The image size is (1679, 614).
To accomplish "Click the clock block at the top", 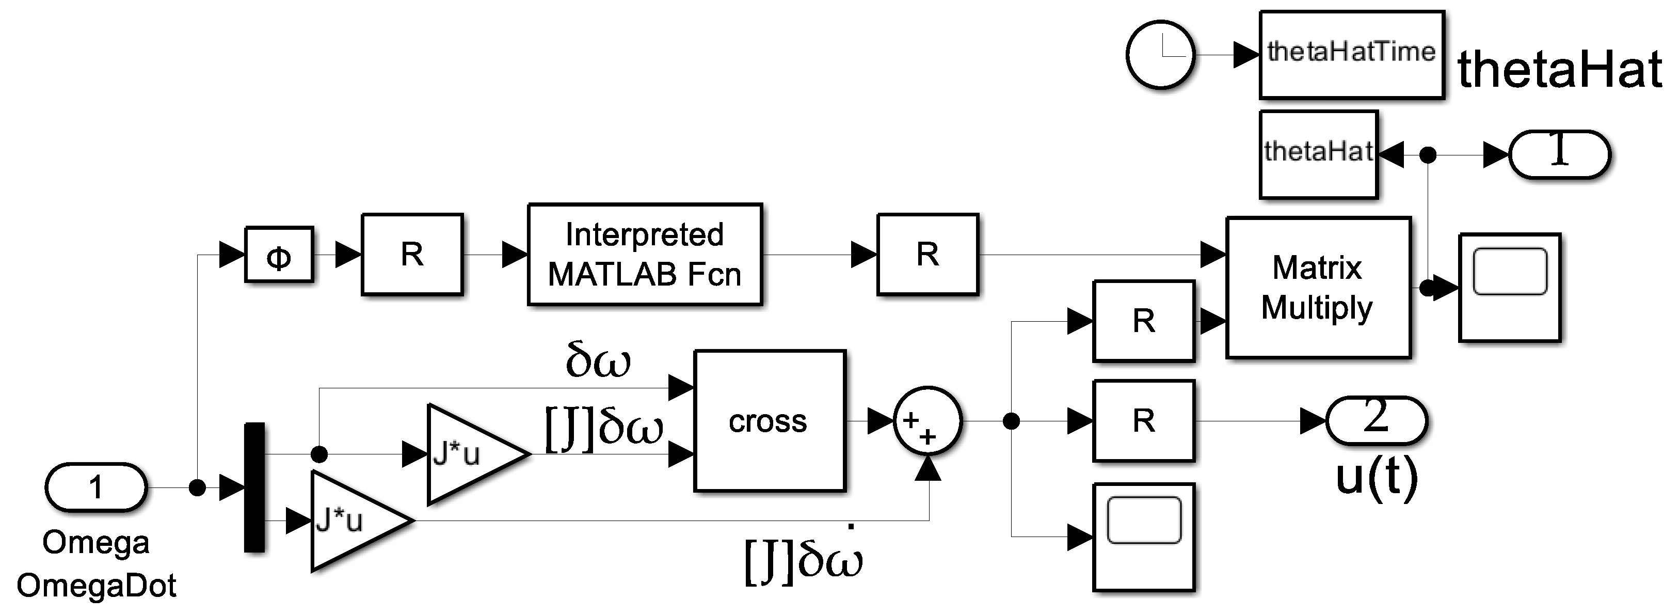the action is tap(1160, 55).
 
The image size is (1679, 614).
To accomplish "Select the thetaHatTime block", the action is tap(1352, 55).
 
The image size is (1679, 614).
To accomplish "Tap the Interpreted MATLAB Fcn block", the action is tap(645, 254).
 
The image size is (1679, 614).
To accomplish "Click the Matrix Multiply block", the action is tap(1318, 288).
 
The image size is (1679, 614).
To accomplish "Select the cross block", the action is tap(770, 420).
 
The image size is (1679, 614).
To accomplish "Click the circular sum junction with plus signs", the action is tap(927, 421).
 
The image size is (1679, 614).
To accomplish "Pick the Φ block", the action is tap(279, 254).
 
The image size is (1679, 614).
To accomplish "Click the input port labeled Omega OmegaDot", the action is tap(96, 487).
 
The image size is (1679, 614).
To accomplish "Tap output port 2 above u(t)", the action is tap(1377, 420).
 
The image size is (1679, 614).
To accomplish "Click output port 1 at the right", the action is tap(1560, 154).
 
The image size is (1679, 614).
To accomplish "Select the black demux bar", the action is tap(254, 487).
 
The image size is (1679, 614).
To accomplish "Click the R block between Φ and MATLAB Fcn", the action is tap(412, 254).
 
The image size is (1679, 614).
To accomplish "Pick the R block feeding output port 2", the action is tap(1144, 420).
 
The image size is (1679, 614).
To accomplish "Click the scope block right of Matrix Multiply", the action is tap(1510, 288).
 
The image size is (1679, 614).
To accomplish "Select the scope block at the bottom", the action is tap(1144, 537).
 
